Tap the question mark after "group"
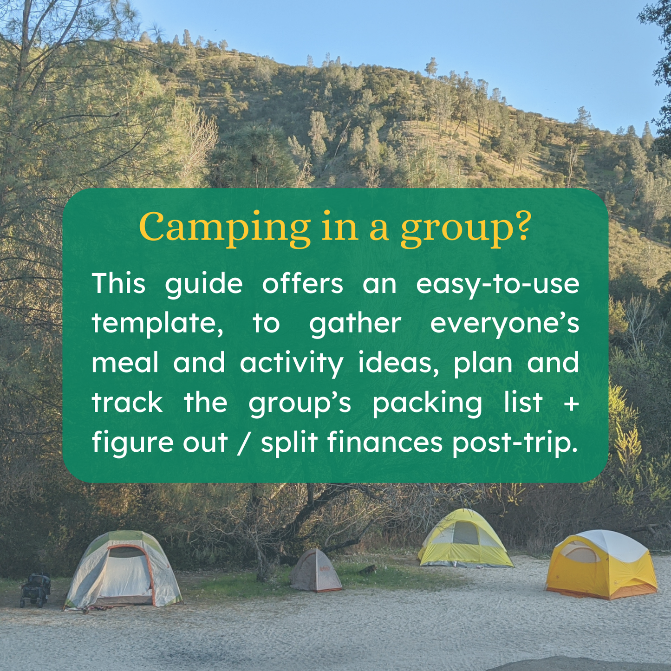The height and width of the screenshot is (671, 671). point(522,227)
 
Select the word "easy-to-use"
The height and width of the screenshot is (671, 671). point(497,284)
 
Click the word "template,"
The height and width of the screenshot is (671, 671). point(157,324)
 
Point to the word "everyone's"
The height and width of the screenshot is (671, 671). point(504,324)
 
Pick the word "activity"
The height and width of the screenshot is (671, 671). point(292,364)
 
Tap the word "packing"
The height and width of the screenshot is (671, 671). point(427,403)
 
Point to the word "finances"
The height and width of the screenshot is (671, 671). point(385,442)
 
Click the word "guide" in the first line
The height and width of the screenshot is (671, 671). point(203,284)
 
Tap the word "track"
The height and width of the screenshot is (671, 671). point(127,403)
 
